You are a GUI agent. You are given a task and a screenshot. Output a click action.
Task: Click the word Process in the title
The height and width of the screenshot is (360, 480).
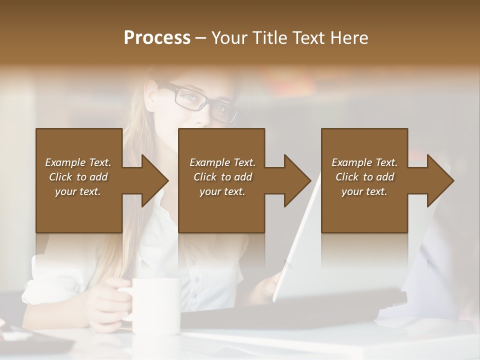point(157,38)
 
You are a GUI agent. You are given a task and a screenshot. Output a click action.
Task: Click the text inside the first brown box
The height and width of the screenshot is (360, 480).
point(78,177)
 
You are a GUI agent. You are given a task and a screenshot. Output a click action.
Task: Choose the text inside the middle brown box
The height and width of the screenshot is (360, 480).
point(222,177)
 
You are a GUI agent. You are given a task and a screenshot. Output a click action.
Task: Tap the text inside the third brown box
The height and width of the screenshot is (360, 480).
point(364,177)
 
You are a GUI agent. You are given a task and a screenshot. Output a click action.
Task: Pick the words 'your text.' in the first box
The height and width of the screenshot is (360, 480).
point(78,191)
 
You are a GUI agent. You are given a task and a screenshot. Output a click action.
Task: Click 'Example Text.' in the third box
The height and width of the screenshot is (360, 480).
point(364,162)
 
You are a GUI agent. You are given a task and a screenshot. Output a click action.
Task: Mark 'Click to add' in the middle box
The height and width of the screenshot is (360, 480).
point(222,177)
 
